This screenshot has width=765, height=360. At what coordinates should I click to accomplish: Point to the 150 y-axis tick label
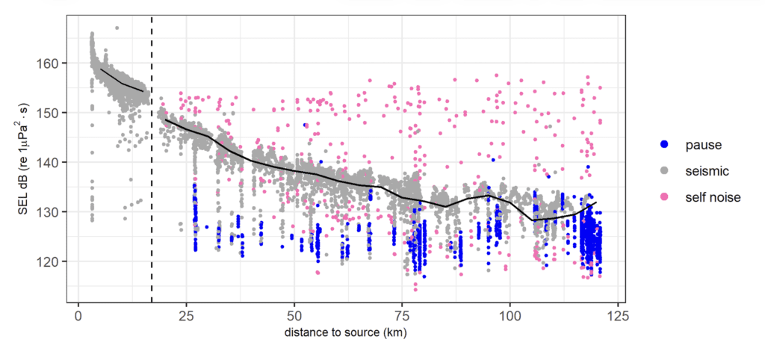[57, 112]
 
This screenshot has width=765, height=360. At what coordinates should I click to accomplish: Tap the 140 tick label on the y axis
[57, 161]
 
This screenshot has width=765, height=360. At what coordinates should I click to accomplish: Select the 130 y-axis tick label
[57, 211]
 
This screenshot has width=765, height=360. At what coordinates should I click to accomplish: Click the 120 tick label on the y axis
[57, 261]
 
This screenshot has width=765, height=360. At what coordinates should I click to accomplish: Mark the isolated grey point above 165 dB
[117, 28]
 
